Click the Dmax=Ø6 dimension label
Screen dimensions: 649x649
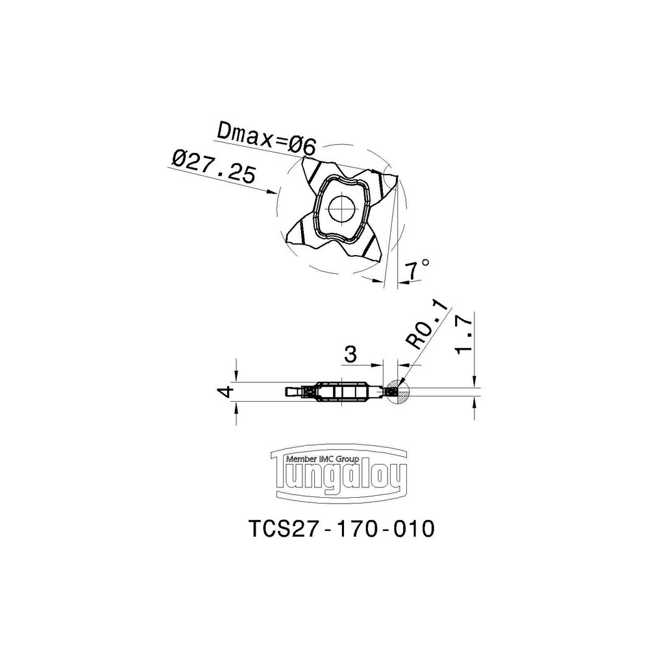pyautogui.click(x=267, y=138)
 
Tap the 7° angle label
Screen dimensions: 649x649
pyautogui.click(x=415, y=269)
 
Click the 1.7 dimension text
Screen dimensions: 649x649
pyautogui.click(x=463, y=334)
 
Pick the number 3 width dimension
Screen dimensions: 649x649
pyautogui.click(x=350, y=355)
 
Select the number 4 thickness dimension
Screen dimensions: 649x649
pyautogui.click(x=226, y=391)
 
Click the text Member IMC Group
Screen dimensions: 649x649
pyautogui.click(x=323, y=459)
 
